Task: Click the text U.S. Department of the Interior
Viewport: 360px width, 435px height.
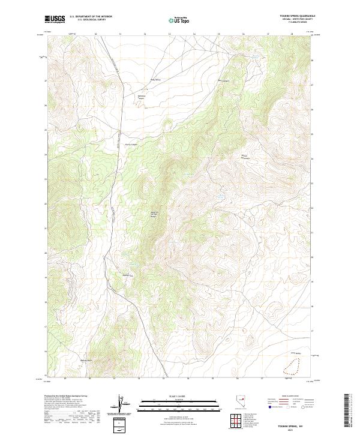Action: pos(91,17)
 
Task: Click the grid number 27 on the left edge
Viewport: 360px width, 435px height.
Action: pos(45,81)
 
